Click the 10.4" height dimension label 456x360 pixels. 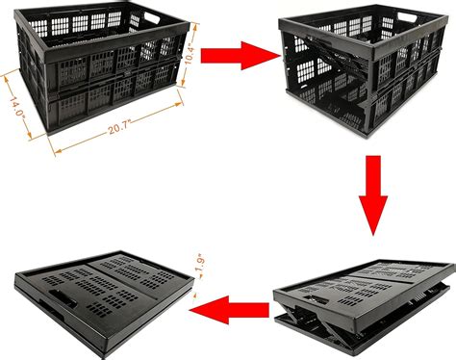190,54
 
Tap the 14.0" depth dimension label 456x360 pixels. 17,108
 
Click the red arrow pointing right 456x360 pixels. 241,56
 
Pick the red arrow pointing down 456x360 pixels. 373,195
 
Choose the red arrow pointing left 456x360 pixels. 229,310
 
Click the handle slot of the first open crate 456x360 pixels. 152,17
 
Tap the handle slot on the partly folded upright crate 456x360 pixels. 407,17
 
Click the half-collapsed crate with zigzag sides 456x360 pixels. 365,305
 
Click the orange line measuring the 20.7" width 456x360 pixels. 118,128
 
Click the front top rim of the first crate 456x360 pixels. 116,42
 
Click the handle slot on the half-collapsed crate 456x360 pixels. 316,299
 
